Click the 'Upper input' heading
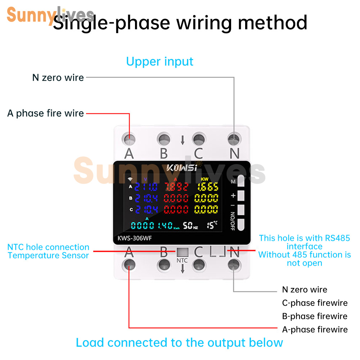[159, 62]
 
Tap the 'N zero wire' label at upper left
[58, 77]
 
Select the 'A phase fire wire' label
[46, 113]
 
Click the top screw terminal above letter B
[164, 138]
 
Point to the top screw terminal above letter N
[234, 138]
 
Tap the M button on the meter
[241, 182]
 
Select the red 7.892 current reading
[176, 187]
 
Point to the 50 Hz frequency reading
[190, 226]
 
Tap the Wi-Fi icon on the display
[130, 179]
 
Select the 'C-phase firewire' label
[315, 303]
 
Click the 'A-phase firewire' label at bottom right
[315, 329]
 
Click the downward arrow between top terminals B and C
[183, 140]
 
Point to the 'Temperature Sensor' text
[48, 256]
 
